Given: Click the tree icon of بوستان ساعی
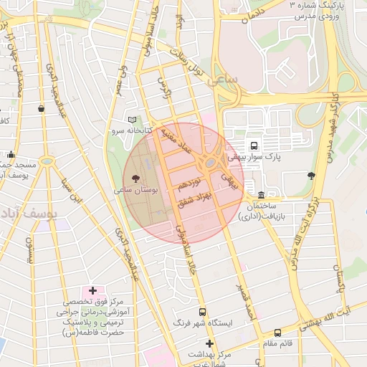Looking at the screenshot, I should coord(135,177).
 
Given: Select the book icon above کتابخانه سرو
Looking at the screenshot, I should coord(130,120).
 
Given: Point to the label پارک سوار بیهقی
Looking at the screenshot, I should coord(254,155).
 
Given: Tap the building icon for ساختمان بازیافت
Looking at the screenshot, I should coord(262,196).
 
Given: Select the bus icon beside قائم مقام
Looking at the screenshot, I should coord(277,333).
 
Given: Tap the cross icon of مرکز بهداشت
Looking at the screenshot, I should coord(209,344).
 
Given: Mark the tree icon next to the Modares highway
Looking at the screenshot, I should coord(310,175).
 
